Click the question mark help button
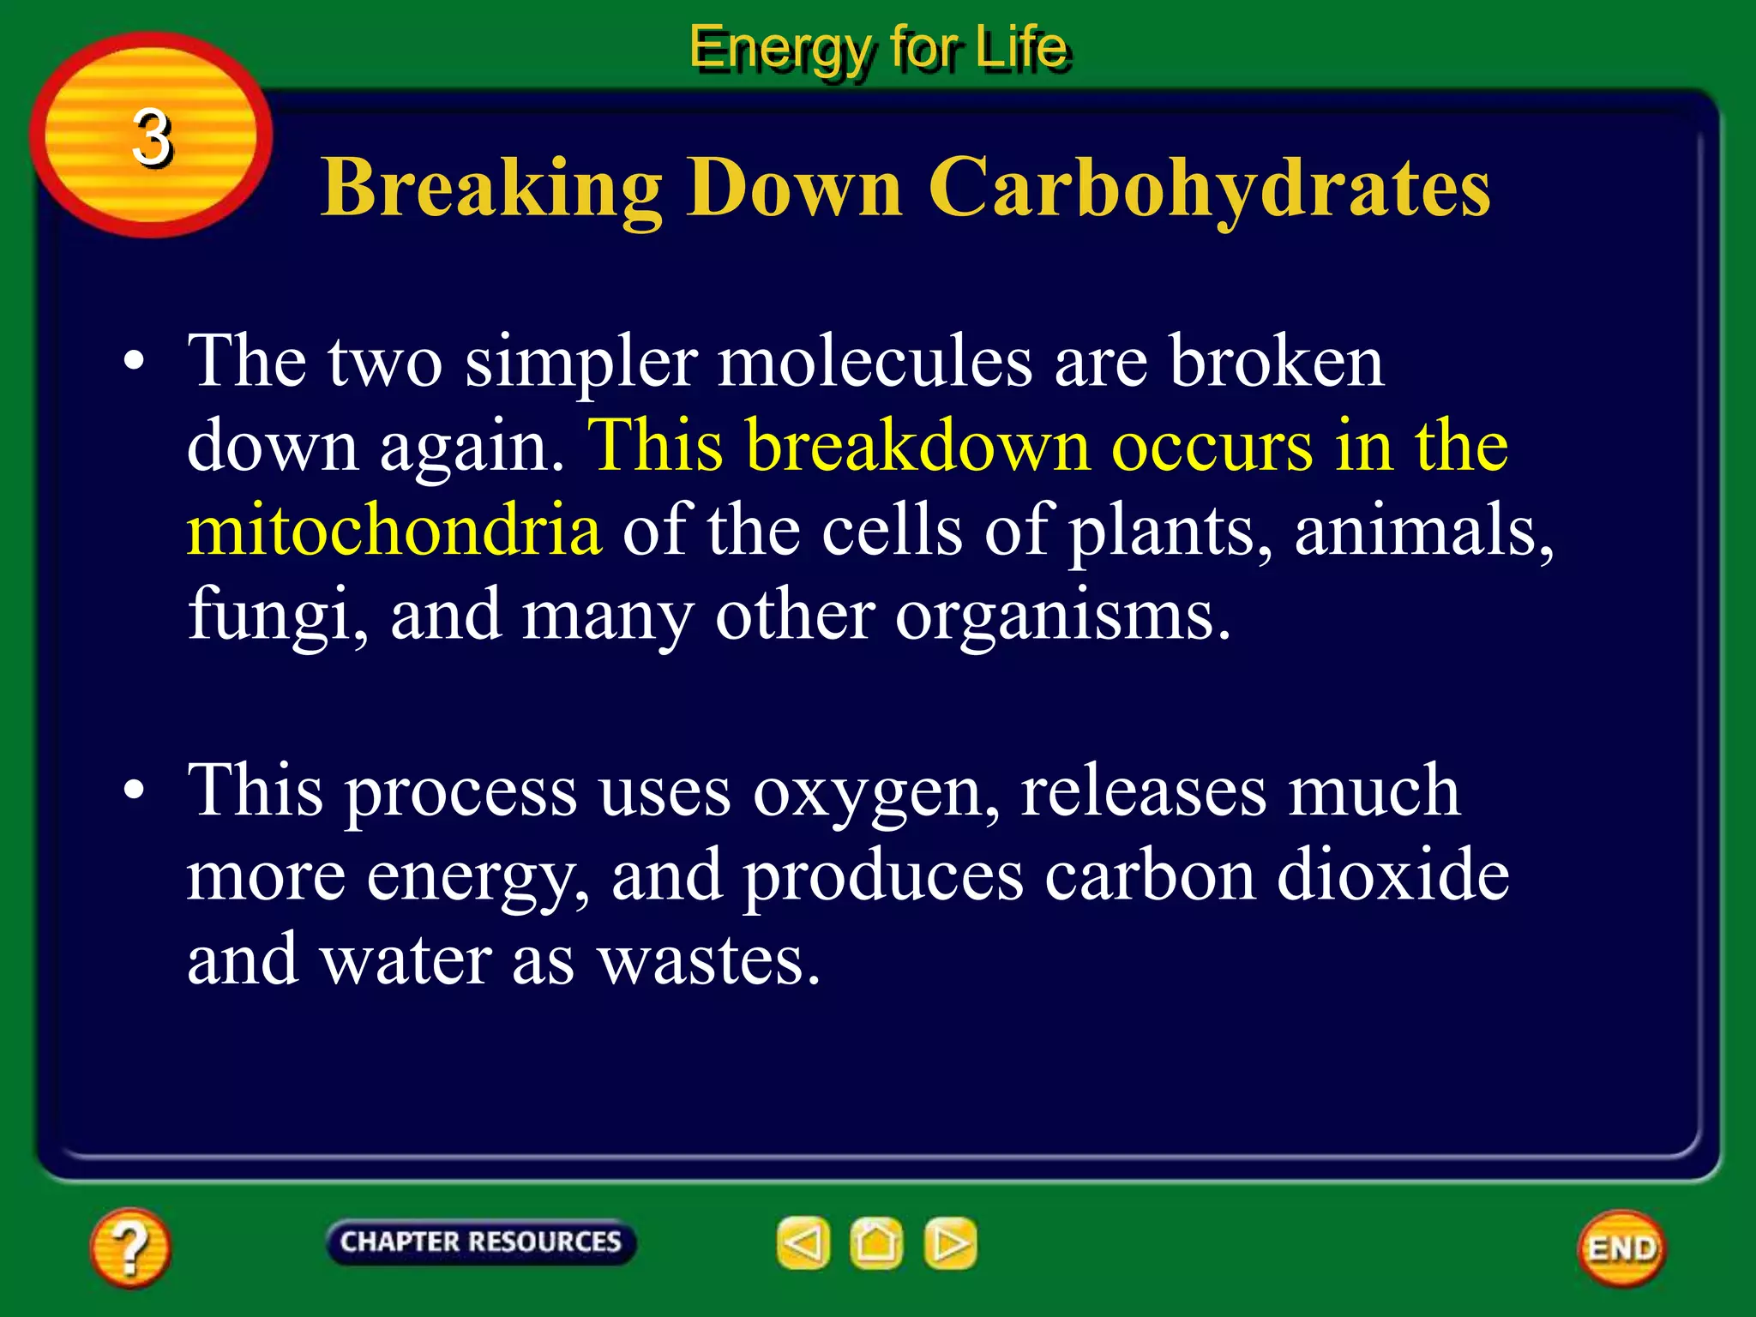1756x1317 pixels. pyautogui.click(x=129, y=1248)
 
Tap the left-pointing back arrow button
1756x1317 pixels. pyautogui.click(x=803, y=1243)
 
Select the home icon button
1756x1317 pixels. pyautogui.click(x=876, y=1243)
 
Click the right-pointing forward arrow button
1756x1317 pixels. pyautogui.click(x=950, y=1243)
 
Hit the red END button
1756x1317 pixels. pyautogui.click(x=1621, y=1248)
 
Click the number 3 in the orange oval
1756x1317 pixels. pyautogui.click(x=152, y=137)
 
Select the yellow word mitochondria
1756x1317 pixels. pyautogui.click(x=394, y=530)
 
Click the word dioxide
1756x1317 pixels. pyautogui.click(x=1392, y=875)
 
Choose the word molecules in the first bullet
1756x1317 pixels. pyautogui.click(x=875, y=361)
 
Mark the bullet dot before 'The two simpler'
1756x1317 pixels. pyautogui.click(x=134, y=362)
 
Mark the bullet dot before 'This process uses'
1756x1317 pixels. pyautogui.click(x=134, y=791)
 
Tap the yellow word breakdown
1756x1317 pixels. pyautogui.click(x=917, y=446)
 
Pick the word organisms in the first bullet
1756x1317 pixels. pyautogui.click(x=1061, y=616)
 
